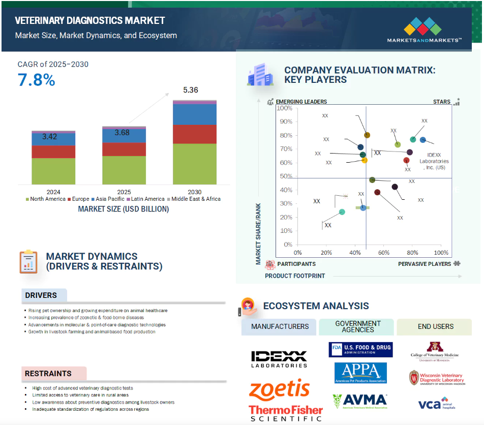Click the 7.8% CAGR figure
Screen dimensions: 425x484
pyautogui.click(x=37, y=80)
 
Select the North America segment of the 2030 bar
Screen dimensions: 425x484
pyautogui.click(x=194, y=164)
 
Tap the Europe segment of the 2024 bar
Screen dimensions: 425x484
pyautogui.click(x=53, y=151)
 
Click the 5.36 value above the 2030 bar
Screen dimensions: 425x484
pyautogui.click(x=191, y=90)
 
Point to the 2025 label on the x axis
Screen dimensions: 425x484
pyautogui.click(x=124, y=192)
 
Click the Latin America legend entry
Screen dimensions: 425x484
pyautogui.click(x=148, y=199)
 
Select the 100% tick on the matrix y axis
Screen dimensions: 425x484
pyautogui.click(x=285, y=108)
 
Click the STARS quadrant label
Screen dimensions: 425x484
pyautogui.click(x=442, y=102)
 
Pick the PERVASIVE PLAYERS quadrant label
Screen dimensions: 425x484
pyautogui.click(x=425, y=264)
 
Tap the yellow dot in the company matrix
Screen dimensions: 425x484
pyautogui.click(x=365, y=160)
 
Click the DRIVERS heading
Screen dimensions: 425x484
pyautogui.click(x=41, y=295)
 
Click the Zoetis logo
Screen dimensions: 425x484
pyautogui.click(x=279, y=389)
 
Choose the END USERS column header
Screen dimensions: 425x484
pyautogui.click(x=436, y=326)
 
